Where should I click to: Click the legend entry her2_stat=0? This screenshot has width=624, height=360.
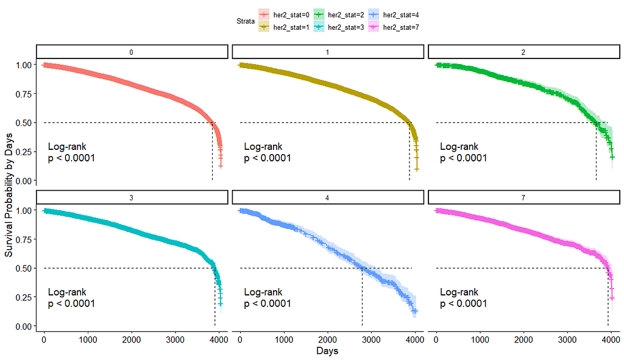284,15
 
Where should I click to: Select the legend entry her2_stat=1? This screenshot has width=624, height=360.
284,27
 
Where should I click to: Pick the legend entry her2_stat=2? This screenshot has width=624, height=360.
338,15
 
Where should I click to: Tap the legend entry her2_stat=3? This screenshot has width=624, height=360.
338,27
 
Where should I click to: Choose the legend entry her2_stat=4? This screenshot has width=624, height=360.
392,15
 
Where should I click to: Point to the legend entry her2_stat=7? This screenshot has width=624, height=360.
392,27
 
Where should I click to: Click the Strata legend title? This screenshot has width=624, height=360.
246,21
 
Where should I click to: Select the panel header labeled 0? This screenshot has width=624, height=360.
132,52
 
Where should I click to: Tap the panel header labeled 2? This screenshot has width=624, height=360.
523,52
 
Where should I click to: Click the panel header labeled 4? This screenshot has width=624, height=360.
328,197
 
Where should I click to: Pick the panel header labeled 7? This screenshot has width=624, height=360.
523,197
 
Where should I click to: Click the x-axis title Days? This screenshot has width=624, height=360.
327,351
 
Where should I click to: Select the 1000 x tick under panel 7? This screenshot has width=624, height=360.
480,339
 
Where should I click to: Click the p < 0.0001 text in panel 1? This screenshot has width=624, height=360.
268,158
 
